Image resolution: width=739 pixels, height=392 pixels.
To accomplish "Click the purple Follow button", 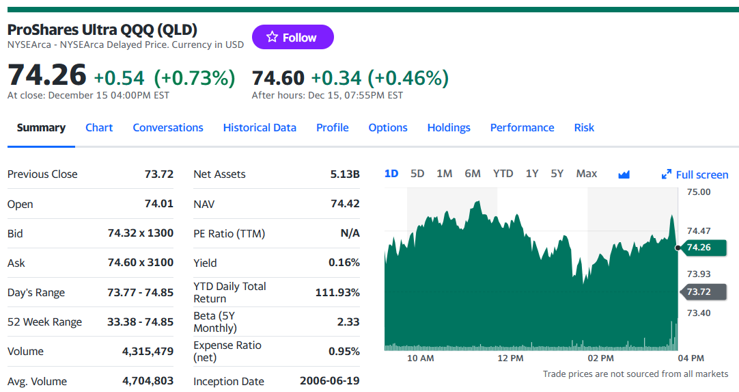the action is click(293, 37).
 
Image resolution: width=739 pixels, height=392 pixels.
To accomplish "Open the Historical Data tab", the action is click(260, 127).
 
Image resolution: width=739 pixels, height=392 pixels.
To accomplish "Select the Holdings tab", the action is click(449, 127).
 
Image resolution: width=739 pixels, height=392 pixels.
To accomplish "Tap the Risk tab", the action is click(584, 127).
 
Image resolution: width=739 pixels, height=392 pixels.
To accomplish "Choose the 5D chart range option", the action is click(417, 174).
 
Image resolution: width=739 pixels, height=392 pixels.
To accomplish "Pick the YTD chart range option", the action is click(503, 174).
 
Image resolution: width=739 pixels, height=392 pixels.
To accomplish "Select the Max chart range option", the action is click(586, 174).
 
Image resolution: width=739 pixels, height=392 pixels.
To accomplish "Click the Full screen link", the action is click(695, 174).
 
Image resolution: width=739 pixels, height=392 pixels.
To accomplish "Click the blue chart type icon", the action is click(624, 174).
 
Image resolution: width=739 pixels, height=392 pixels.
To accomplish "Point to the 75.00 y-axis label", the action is click(699, 192).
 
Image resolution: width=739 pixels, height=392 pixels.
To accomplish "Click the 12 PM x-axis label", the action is click(510, 358).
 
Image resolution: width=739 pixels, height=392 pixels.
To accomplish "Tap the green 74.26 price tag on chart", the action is click(703, 248).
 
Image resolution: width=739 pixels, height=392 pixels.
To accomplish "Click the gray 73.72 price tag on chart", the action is click(703, 292).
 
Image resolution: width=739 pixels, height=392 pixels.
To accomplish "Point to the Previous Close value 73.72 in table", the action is click(159, 174).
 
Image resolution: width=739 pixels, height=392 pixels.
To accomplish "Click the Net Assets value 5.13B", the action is click(345, 174).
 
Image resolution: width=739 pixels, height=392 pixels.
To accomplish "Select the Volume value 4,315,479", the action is click(148, 352).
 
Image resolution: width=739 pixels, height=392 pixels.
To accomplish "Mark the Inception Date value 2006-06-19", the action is click(329, 380).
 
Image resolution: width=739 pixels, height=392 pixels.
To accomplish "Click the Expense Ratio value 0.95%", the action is click(344, 352).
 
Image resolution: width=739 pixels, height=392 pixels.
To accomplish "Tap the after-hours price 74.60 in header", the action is click(278, 78).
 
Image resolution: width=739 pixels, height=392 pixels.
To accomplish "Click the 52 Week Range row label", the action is click(45, 322).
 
